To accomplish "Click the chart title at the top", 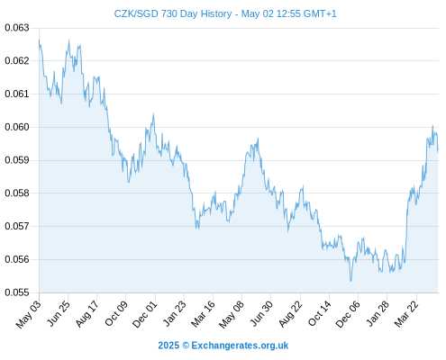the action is click(x=225, y=13).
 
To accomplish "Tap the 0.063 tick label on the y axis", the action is click(x=17, y=28).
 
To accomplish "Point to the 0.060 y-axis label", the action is click(x=17, y=127).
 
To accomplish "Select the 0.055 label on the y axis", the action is click(x=17, y=292).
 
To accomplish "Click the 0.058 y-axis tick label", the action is click(x=17, y=193).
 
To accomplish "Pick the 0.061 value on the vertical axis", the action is click(x=17, y=94).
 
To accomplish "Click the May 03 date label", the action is click(x=28, y=314).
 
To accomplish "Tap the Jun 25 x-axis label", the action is click(x=59, y=313).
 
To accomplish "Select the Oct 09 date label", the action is click(x=116, y=313).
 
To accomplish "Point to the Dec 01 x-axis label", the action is click(x=145, y=314).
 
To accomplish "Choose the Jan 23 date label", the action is click(x=174, y=313).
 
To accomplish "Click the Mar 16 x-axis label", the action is click(x=203, y=313).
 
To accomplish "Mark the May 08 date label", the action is click(x=232, y=314).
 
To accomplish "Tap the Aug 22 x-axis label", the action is click(x=290, y=313).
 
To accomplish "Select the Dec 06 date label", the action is click(x=347, y=314).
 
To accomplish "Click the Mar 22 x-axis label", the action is click(x=406, y=313).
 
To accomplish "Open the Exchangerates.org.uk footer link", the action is click(x=240, y=346).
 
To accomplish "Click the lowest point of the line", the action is click(x=350, y=281).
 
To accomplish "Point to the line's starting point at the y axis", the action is click(x=39, y=40).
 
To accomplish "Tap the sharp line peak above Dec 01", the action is click(x=153, y=114).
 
